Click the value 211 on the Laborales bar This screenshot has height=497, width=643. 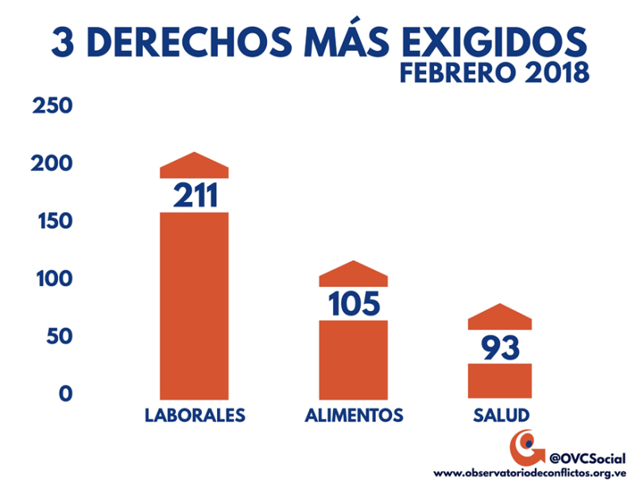tap(194, 195)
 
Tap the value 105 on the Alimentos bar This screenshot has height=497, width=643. tap(354, 303)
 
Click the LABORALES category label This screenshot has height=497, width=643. tap(195, 416)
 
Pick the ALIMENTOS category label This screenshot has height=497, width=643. tap(354, 416)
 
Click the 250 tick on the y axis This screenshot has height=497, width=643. tap(52, 107)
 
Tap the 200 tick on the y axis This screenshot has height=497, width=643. tap(52, 165)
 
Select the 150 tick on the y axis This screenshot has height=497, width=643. tap(52, 222)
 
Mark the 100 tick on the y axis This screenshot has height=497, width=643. tap(52, 279)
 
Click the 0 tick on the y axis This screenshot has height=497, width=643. tap(64, 394)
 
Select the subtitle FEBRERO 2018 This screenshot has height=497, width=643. tap(494, 73)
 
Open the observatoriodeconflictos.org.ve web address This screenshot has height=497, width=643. tap(529, 473)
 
